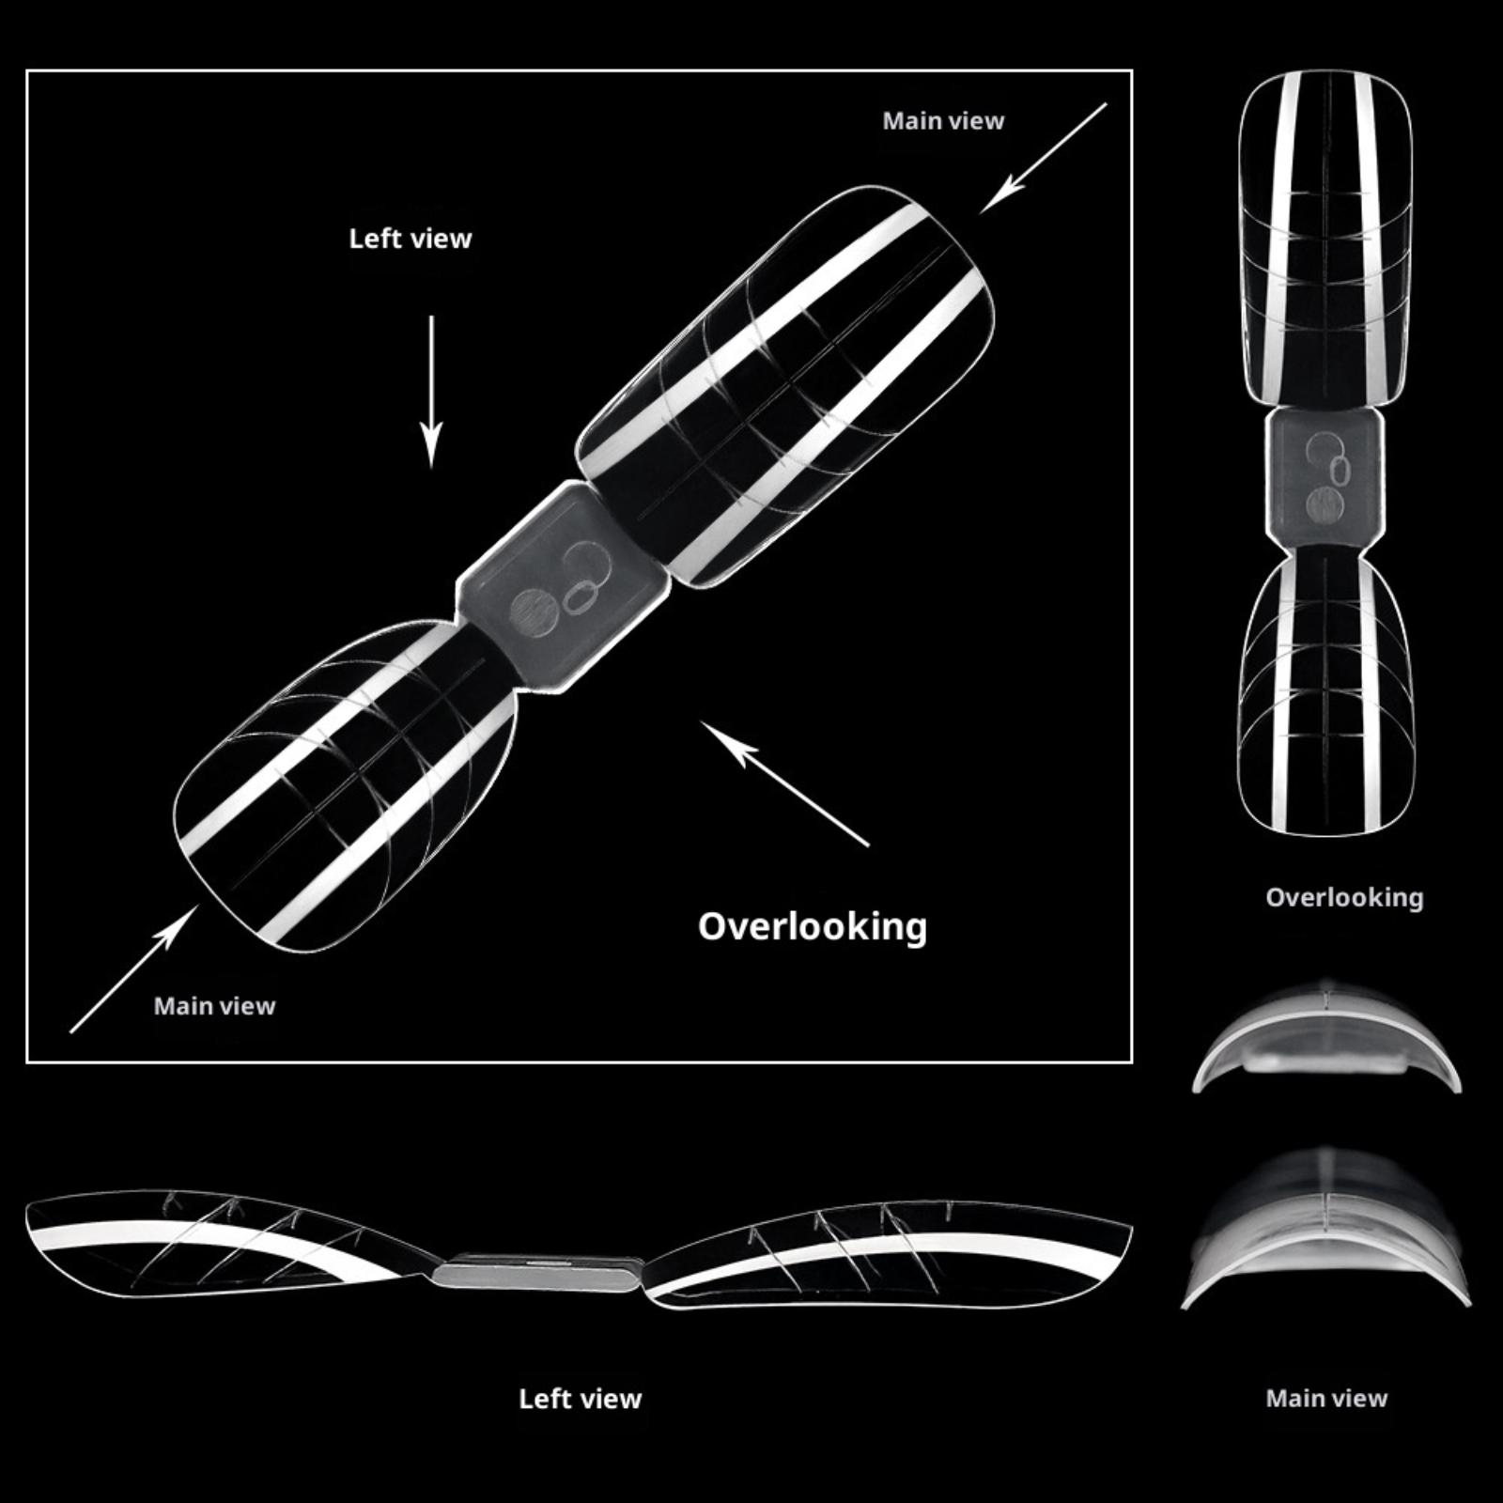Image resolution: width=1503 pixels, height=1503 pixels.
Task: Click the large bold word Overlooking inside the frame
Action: (813, 927)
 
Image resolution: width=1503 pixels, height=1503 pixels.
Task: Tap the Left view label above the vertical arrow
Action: (411, 239)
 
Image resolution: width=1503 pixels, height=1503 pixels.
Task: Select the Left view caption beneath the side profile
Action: (581, 1399)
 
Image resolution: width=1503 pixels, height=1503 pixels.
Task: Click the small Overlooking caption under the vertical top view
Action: (1344, 898)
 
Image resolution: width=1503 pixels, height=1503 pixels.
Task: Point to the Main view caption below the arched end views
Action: (1326, 1399)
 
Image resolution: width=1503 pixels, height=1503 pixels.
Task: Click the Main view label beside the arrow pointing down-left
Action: (943, 121)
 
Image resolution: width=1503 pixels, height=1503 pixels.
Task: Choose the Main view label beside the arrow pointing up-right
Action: (214, 1006)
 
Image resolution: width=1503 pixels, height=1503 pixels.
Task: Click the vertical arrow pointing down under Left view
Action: (431, 392)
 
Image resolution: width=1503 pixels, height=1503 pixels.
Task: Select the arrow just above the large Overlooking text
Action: (785, 784)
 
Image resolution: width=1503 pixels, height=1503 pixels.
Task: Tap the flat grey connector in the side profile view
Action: (538, 1274)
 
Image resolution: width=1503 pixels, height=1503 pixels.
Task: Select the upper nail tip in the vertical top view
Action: (1326, 240)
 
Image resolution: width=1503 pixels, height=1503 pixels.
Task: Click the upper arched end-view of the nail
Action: (1326, 1038)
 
